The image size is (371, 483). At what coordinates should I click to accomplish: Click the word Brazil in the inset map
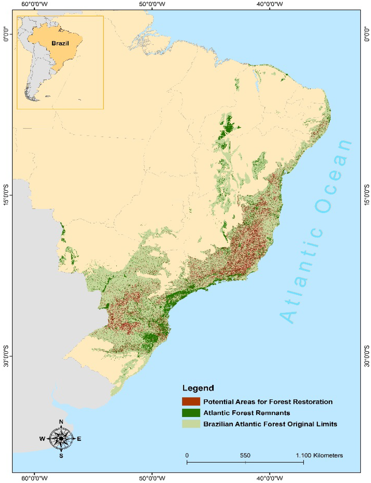(60, 43)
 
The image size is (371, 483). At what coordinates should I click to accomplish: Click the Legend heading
(198, 388)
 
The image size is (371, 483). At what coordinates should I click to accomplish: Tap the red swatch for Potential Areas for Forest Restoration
(191, 402)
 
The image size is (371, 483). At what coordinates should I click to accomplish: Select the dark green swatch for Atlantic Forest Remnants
(191, 413)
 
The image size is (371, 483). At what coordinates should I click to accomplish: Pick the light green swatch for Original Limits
(191, 424)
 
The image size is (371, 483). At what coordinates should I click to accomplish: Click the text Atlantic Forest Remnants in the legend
(246, 413)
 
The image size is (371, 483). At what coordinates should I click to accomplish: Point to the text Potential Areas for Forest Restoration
(268, 402)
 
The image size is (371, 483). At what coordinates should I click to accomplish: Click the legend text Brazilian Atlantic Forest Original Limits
(270, 424)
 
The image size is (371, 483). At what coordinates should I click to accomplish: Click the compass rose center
(61, 438)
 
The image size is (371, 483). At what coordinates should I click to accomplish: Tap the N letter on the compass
(61, 422)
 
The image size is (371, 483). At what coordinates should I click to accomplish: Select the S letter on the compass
(61, 456)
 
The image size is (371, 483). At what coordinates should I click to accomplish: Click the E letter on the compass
(79, 439)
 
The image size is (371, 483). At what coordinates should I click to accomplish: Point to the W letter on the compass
(42, 439)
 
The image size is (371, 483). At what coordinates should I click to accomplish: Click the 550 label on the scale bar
(245, 455)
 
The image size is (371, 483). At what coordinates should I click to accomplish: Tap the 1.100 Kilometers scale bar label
(319, 455)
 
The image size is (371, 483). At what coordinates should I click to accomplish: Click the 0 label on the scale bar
(187, 455)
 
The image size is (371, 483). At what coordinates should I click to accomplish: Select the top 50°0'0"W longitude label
(152, 4)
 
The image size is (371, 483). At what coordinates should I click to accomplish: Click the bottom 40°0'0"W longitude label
(270, 478)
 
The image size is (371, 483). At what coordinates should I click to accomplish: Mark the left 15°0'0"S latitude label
(6, 195)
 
